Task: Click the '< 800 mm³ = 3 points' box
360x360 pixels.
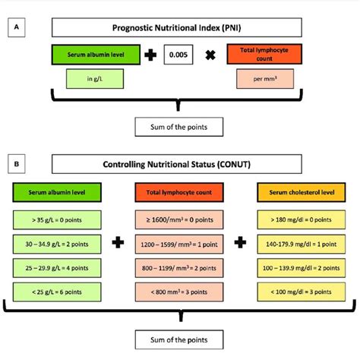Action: [x=180, y=292]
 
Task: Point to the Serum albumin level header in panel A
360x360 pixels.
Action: [x=95, y=55]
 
